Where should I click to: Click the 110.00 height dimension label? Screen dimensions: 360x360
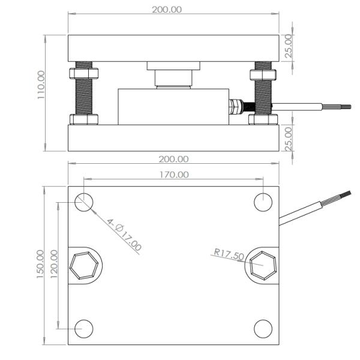click(x=41, y=85)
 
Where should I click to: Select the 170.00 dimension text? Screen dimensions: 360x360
click(x=174, y=175)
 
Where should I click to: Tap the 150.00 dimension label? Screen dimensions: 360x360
click(x=40, y=264)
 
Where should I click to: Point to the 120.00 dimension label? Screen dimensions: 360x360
click(x=54, y=264)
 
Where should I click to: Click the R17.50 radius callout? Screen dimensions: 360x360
click(x=229, y=254)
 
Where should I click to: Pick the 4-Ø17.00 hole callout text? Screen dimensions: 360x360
click(x=124, y=235)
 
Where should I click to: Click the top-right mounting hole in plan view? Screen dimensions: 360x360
click(x=263, y=202)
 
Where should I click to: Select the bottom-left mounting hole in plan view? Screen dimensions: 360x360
click(x=84, y=329)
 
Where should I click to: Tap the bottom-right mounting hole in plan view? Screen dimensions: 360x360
click(x=263, y=329)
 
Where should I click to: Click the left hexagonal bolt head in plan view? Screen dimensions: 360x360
click(x=84, y=266)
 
